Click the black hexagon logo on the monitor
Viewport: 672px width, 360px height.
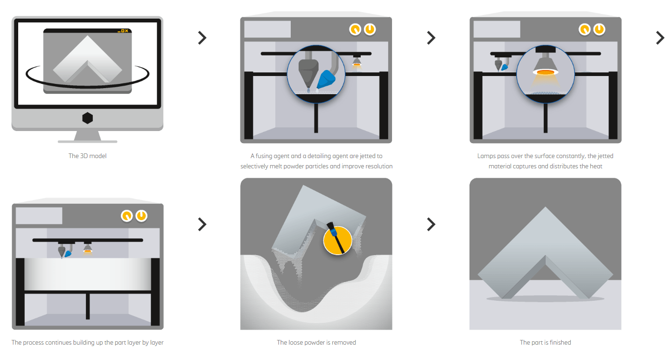coord(87,118)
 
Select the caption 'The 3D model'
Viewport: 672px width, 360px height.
coord(87,156)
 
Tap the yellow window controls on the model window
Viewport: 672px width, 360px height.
coord(123,31)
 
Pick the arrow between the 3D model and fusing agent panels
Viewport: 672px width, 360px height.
coord(202,38)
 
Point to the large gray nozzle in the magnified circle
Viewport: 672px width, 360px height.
coord(307,72)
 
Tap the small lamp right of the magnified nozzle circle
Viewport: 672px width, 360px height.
coord(357,62)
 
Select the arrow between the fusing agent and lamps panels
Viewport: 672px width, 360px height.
coord(431,38)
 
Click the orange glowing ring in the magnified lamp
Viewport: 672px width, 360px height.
coord(545,72)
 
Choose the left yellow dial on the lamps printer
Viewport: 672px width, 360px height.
coord(584,29)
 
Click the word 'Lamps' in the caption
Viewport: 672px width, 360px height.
coord(486,156)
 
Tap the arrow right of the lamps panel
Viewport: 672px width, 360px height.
coord(659,38)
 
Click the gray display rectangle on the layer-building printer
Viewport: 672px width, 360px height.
coord(39,215)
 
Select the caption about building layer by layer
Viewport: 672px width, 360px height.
coord(87,342)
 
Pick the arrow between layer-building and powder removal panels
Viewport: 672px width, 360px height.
coord(202,224)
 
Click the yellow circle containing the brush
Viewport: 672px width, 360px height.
coord(337,241)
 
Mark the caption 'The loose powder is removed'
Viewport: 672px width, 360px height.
coord(316,342)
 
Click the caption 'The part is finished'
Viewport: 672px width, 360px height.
coord(545,342)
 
